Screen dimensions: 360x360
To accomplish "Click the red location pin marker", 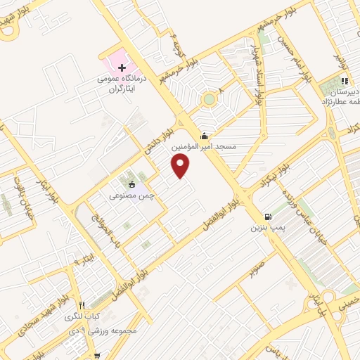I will tap(181, 166).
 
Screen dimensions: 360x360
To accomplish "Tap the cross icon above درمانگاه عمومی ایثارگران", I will tap(122, 68).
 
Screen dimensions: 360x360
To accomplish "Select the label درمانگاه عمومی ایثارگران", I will tap(123, 86).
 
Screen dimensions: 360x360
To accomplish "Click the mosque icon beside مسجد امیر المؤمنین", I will tap(204, 136).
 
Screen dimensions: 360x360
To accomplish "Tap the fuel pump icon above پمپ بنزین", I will tap(267, 217).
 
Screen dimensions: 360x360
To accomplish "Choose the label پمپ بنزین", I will tap(267, 229).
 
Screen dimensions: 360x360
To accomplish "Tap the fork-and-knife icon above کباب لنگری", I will tap(82, 305).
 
